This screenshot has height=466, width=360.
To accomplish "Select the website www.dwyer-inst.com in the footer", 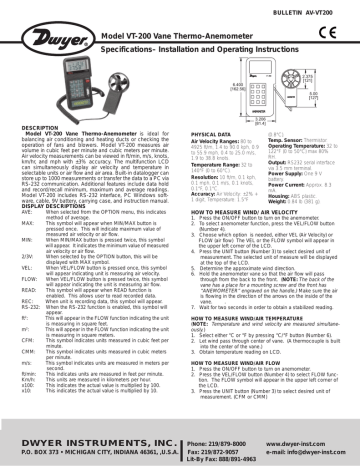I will click(311, 437).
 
